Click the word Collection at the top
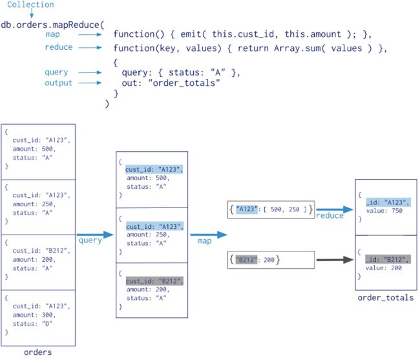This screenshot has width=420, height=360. (x=30, y=5)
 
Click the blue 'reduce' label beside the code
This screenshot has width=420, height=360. (x=59, y=47)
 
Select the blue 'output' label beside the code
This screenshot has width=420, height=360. (x=58, y=83)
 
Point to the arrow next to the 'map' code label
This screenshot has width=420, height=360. (x=90, y=34)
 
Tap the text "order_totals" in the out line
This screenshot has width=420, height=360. (x=184, y=83)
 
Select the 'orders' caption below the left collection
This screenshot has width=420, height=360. (x=37, y=352)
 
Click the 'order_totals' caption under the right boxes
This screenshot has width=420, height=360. (x=386, y=298)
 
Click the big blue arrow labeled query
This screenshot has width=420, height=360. (x=96, y=235)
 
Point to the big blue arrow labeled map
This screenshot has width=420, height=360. (x=209, y=235)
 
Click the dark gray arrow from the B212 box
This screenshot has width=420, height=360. (x=335, y=260)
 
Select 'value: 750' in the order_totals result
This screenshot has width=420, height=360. (x=384, y=211)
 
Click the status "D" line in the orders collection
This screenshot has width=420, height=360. (x=32, y=324)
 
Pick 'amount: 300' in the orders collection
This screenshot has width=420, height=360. (x=34, y=315)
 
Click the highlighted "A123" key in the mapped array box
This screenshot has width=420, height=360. (x=247, y=209)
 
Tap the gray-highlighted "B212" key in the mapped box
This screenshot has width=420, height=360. (x=246, y=260)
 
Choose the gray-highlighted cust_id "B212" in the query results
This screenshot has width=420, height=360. (x=154, y=281)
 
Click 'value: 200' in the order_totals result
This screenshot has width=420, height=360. (x=384, y=268)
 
